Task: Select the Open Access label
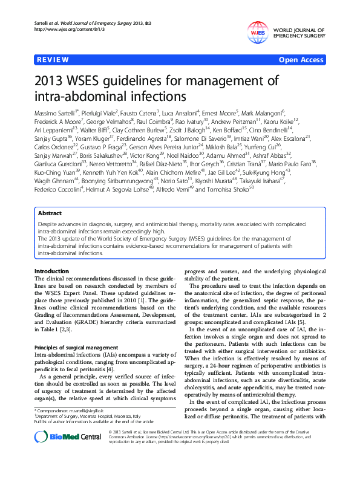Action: [x=302, y=60]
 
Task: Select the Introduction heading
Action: [x=51, y=271]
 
